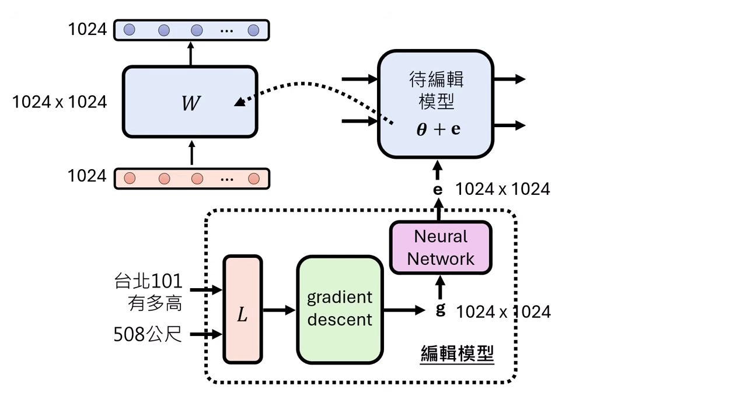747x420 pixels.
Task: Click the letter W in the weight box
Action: tap(190, 104)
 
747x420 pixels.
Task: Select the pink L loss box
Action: tap(242, 309)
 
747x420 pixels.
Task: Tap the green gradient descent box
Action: tap(340, 309)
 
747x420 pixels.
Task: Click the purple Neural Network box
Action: tap(441, 248)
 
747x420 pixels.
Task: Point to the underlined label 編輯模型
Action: tap(457, 353)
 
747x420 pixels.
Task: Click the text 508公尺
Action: tap(148, 334)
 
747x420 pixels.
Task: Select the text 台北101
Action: tap(148, 281)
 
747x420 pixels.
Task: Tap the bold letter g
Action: tap(441, 310)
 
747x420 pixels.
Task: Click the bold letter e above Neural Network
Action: tap(438, 190)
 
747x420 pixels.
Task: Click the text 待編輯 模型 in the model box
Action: tap(437, 90)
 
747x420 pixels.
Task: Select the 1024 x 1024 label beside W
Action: tap(60, 102)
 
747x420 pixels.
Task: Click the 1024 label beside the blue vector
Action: tap(87, 29)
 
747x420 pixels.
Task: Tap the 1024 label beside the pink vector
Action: tap(87, 176)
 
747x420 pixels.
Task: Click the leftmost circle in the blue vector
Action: tap(130, 30)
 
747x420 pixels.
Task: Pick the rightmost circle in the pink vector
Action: tap(253, 178)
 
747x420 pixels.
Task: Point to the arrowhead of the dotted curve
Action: tap(238, 104)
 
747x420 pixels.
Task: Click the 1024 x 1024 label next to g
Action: tap(503, 312)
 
